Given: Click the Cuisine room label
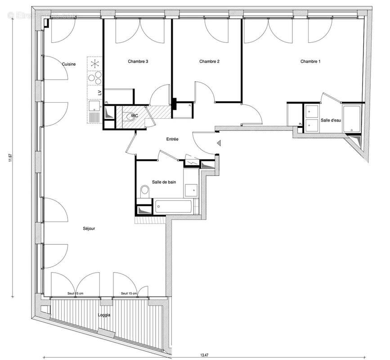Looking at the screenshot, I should coord(69,64).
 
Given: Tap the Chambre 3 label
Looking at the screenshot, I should coord(138,62).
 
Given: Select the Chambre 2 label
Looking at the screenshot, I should coord(209,62).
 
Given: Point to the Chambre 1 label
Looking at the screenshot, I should coord(310,62).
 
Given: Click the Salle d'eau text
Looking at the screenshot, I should coord(331,121).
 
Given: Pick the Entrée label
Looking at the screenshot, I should coord(172,139).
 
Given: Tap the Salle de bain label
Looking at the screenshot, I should coord(163,180).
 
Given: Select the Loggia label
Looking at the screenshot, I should coord(104,315).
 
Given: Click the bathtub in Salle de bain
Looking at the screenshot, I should coord(173,207).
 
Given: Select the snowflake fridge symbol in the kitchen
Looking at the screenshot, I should coord(94,63).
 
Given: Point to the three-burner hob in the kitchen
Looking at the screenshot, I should coord(94,78).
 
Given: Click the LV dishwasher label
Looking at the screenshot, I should coord(99,93).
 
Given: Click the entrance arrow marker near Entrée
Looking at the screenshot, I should coord(219,144).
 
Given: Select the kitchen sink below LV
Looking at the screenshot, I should coord(94,107).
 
